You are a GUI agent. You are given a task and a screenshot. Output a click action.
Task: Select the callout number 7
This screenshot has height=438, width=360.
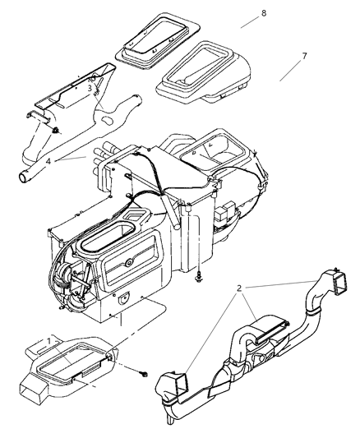click(304, 56)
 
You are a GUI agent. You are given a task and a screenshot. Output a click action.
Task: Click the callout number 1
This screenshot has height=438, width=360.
click(49, 339)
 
